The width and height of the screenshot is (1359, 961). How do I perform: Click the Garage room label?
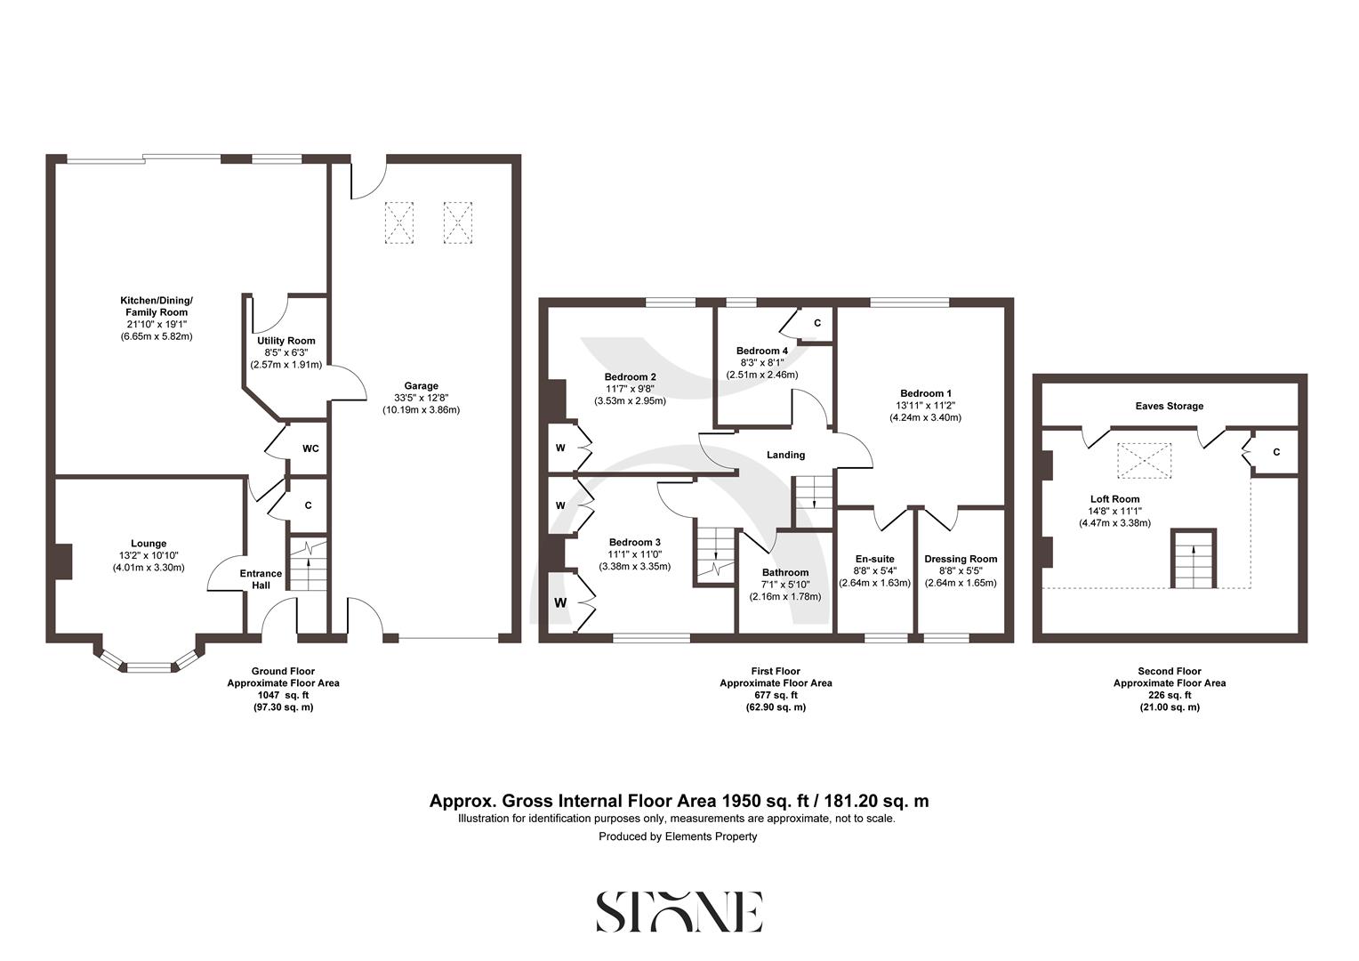(421, 386)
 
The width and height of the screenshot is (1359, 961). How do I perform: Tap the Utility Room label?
(285, 341)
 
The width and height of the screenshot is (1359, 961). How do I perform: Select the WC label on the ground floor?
(310, 448)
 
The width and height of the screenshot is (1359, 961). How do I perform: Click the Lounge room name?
(149, 544)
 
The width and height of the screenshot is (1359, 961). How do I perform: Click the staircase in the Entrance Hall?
(309, 565)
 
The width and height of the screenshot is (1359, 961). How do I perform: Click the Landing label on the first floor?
(785, 455)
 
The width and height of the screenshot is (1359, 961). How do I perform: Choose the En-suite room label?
(874, 559)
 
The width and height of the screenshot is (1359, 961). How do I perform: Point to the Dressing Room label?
(961, 559)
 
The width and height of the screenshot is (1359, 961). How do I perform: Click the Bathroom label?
(785, 572)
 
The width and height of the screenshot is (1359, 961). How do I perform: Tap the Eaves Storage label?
(1169, 406)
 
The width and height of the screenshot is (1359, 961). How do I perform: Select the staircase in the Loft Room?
(1194, 559)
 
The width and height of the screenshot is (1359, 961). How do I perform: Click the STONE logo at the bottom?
(679, 911)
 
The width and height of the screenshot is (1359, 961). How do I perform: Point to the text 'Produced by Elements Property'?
(678, 836)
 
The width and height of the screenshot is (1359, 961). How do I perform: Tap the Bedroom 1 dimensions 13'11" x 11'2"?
(930, 406)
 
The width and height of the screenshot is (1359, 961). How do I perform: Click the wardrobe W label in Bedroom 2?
(560, 448)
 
